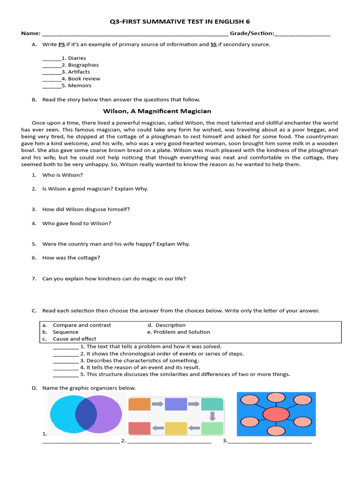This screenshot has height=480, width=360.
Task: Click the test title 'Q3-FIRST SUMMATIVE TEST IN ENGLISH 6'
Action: [x=180, y=21]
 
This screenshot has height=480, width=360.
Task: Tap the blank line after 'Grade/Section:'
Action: [x=302, y=34]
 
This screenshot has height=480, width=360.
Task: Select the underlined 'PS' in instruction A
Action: [x=61, y=45]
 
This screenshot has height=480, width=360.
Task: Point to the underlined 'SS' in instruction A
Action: [x=213, y=45]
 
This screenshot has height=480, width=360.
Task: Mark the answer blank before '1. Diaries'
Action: [x=52, y=59]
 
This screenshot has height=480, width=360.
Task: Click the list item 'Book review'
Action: [x=84, y=79]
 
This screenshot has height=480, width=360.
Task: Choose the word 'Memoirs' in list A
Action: [x=80, y=86]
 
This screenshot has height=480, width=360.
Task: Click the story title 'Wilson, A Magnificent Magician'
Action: [x=157, y=111]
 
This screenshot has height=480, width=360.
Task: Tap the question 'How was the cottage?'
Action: [x=71, y=258]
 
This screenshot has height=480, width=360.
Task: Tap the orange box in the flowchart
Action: [x=139, y=404]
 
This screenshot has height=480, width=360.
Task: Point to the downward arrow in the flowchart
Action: [x=212, y=416]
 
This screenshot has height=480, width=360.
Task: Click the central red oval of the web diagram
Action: [x=276, y=415]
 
